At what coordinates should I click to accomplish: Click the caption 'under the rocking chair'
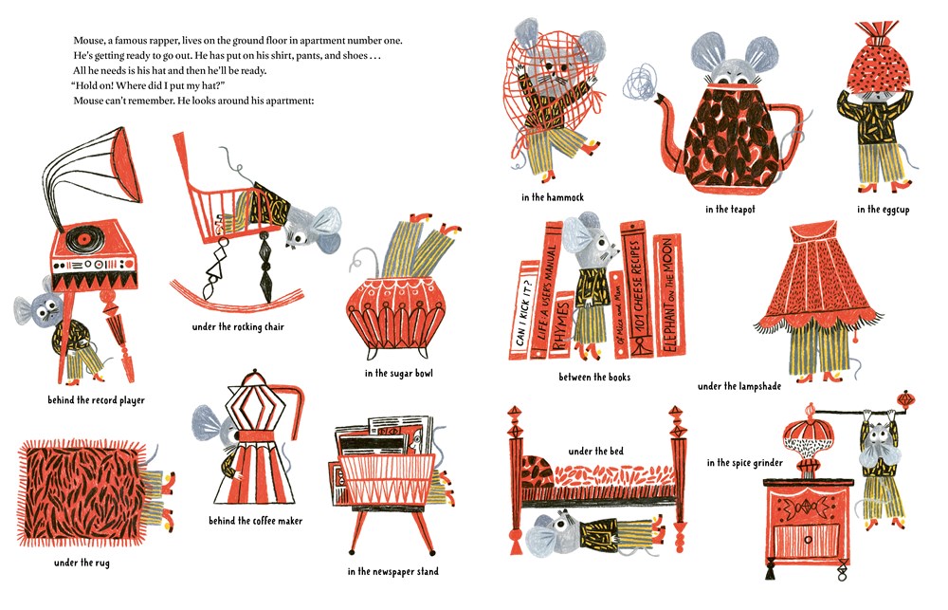click(238, 326)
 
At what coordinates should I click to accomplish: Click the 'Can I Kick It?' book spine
click(523, 310)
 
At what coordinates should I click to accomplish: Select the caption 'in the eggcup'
click(883, 210)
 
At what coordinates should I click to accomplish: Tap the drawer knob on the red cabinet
click(808, 539)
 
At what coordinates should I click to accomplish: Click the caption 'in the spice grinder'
click(745, 463)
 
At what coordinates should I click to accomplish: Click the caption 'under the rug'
click(82, 563)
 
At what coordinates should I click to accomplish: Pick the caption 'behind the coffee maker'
click(255, 521)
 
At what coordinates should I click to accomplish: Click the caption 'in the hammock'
click(553, 197)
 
